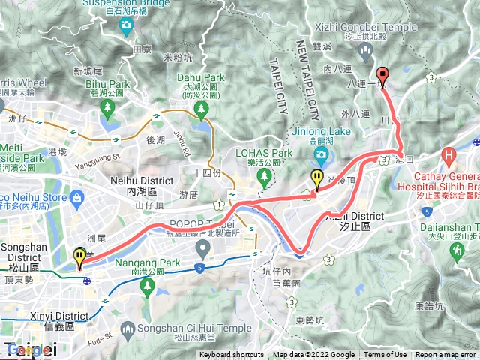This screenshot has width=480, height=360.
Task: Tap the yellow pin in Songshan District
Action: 79,258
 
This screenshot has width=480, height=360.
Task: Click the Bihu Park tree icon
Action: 107,107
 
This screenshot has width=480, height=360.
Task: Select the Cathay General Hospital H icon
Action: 449,157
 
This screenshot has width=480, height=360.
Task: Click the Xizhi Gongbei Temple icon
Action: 366,51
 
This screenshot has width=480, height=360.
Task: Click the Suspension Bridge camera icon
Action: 127,25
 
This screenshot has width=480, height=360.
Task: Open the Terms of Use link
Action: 385,355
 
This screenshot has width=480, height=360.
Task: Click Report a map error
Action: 447,355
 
